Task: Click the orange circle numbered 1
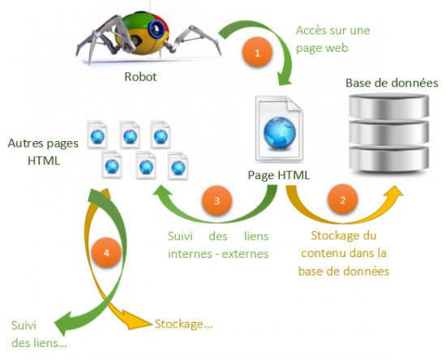click(257, 54)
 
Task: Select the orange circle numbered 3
click(217, 199)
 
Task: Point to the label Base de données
click(392, 84)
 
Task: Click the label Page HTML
click(279, 174)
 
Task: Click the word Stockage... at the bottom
click(182, 324)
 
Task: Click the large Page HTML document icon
click(279, 130)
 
